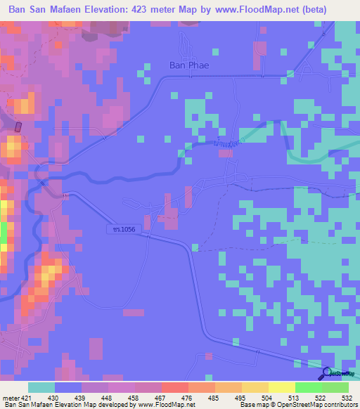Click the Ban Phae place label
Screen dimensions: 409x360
(190, 65)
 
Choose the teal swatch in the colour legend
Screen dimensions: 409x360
(41, 387)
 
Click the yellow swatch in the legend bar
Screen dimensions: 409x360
(282, 387)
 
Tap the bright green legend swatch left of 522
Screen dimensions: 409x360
(308, 387)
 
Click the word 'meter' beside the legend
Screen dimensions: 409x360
(11, 397)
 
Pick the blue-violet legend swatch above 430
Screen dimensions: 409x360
(68, 387)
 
